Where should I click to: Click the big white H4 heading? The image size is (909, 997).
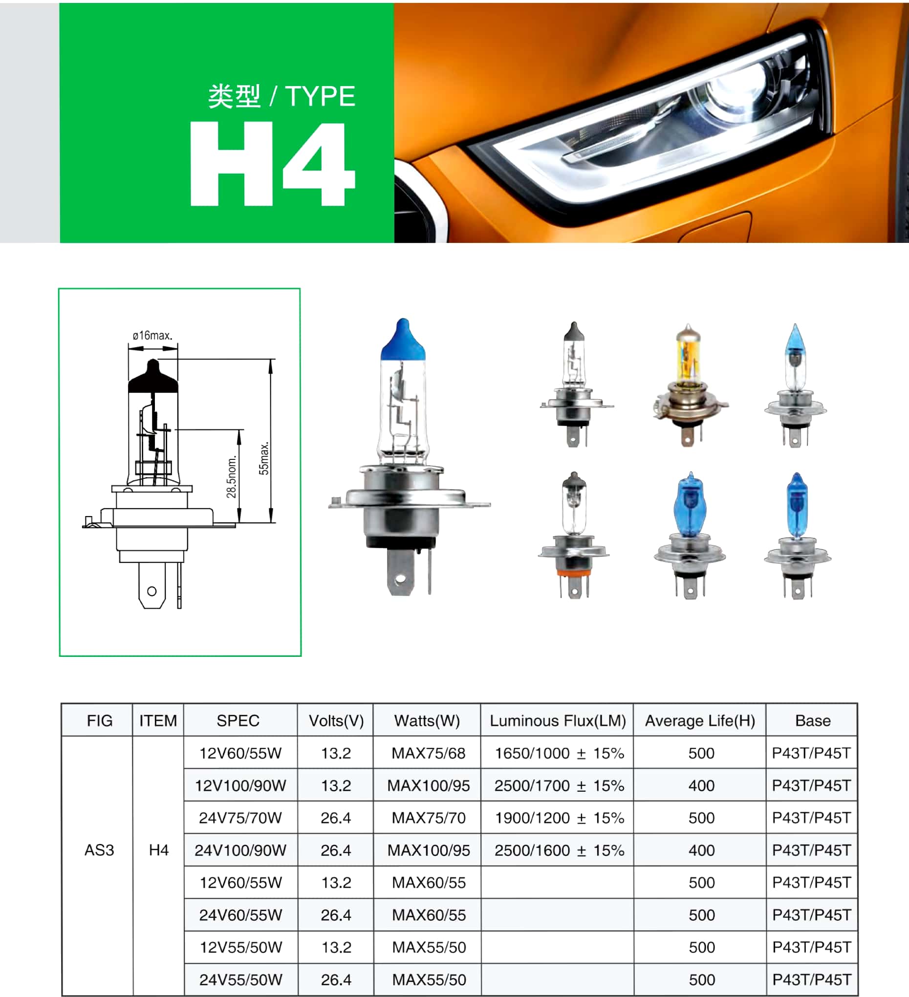coord(273,164)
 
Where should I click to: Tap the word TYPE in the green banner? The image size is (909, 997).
coord(321,96)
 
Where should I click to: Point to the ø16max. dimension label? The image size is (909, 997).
coord(152,335)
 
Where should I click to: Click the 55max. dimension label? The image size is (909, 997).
coord(264,458)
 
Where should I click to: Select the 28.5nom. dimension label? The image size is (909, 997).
coord(232,477)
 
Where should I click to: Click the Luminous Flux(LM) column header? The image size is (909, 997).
coord(558,720)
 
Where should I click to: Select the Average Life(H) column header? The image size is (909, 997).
coord(700,720)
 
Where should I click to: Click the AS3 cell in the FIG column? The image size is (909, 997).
coord(99,849)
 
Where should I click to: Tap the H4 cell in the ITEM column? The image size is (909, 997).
coord(159,849)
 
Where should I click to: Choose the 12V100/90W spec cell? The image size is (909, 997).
coord(240,785)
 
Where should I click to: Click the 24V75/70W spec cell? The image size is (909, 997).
coord(240,818)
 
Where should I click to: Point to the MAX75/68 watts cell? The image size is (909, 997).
coord(428,753)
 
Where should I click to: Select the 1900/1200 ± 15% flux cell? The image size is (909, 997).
coord(560,818)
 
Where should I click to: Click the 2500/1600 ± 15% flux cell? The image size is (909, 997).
coord(560,850)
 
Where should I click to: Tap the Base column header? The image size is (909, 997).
coord(813,720)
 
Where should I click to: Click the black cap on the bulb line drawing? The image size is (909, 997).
coord(153,377)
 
